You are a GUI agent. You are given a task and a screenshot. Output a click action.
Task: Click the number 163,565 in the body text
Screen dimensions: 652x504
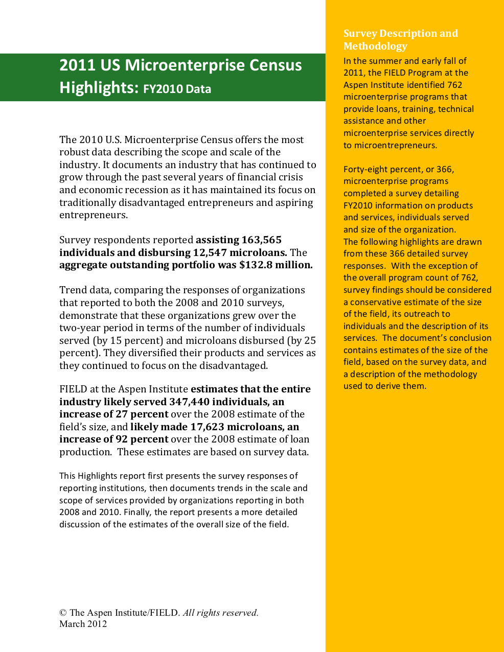click(261, 240)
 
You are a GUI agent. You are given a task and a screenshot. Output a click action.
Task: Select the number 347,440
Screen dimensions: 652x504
click(189, 402)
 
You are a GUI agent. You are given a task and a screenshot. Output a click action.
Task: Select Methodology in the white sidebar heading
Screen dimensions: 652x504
click(375, 46)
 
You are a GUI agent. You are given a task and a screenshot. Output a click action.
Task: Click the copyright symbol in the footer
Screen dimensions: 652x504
click(63, 613)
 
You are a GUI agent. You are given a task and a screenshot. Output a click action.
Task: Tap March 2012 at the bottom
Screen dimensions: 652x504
click(83, 624)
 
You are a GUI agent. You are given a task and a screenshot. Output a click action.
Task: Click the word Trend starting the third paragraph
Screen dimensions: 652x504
click(72, 290)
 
